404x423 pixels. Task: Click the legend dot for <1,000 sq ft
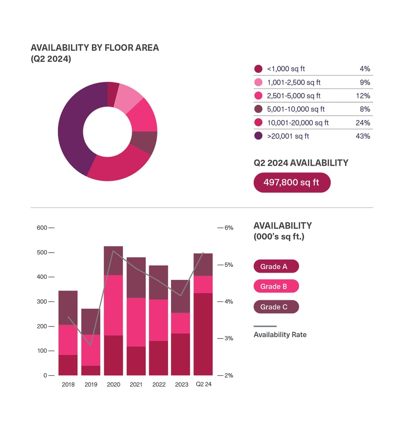(x=258, y=69)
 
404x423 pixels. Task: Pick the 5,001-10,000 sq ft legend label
(x=295, y=109)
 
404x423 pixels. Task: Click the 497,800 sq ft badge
(x=291, y=182)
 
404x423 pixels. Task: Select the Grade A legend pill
(x=276, y=266)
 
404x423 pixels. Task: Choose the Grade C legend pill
(x=276, y=307)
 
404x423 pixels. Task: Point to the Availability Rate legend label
(x=280, y=334)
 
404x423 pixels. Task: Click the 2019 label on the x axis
(x=91, y=385)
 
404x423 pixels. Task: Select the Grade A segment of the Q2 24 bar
(x=203, y=334)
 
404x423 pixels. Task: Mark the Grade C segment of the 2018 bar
(x=68, y=308)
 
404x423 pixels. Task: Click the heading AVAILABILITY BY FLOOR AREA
(x=94, y=48)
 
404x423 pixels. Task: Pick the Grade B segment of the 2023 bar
(x=181, y=323)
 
